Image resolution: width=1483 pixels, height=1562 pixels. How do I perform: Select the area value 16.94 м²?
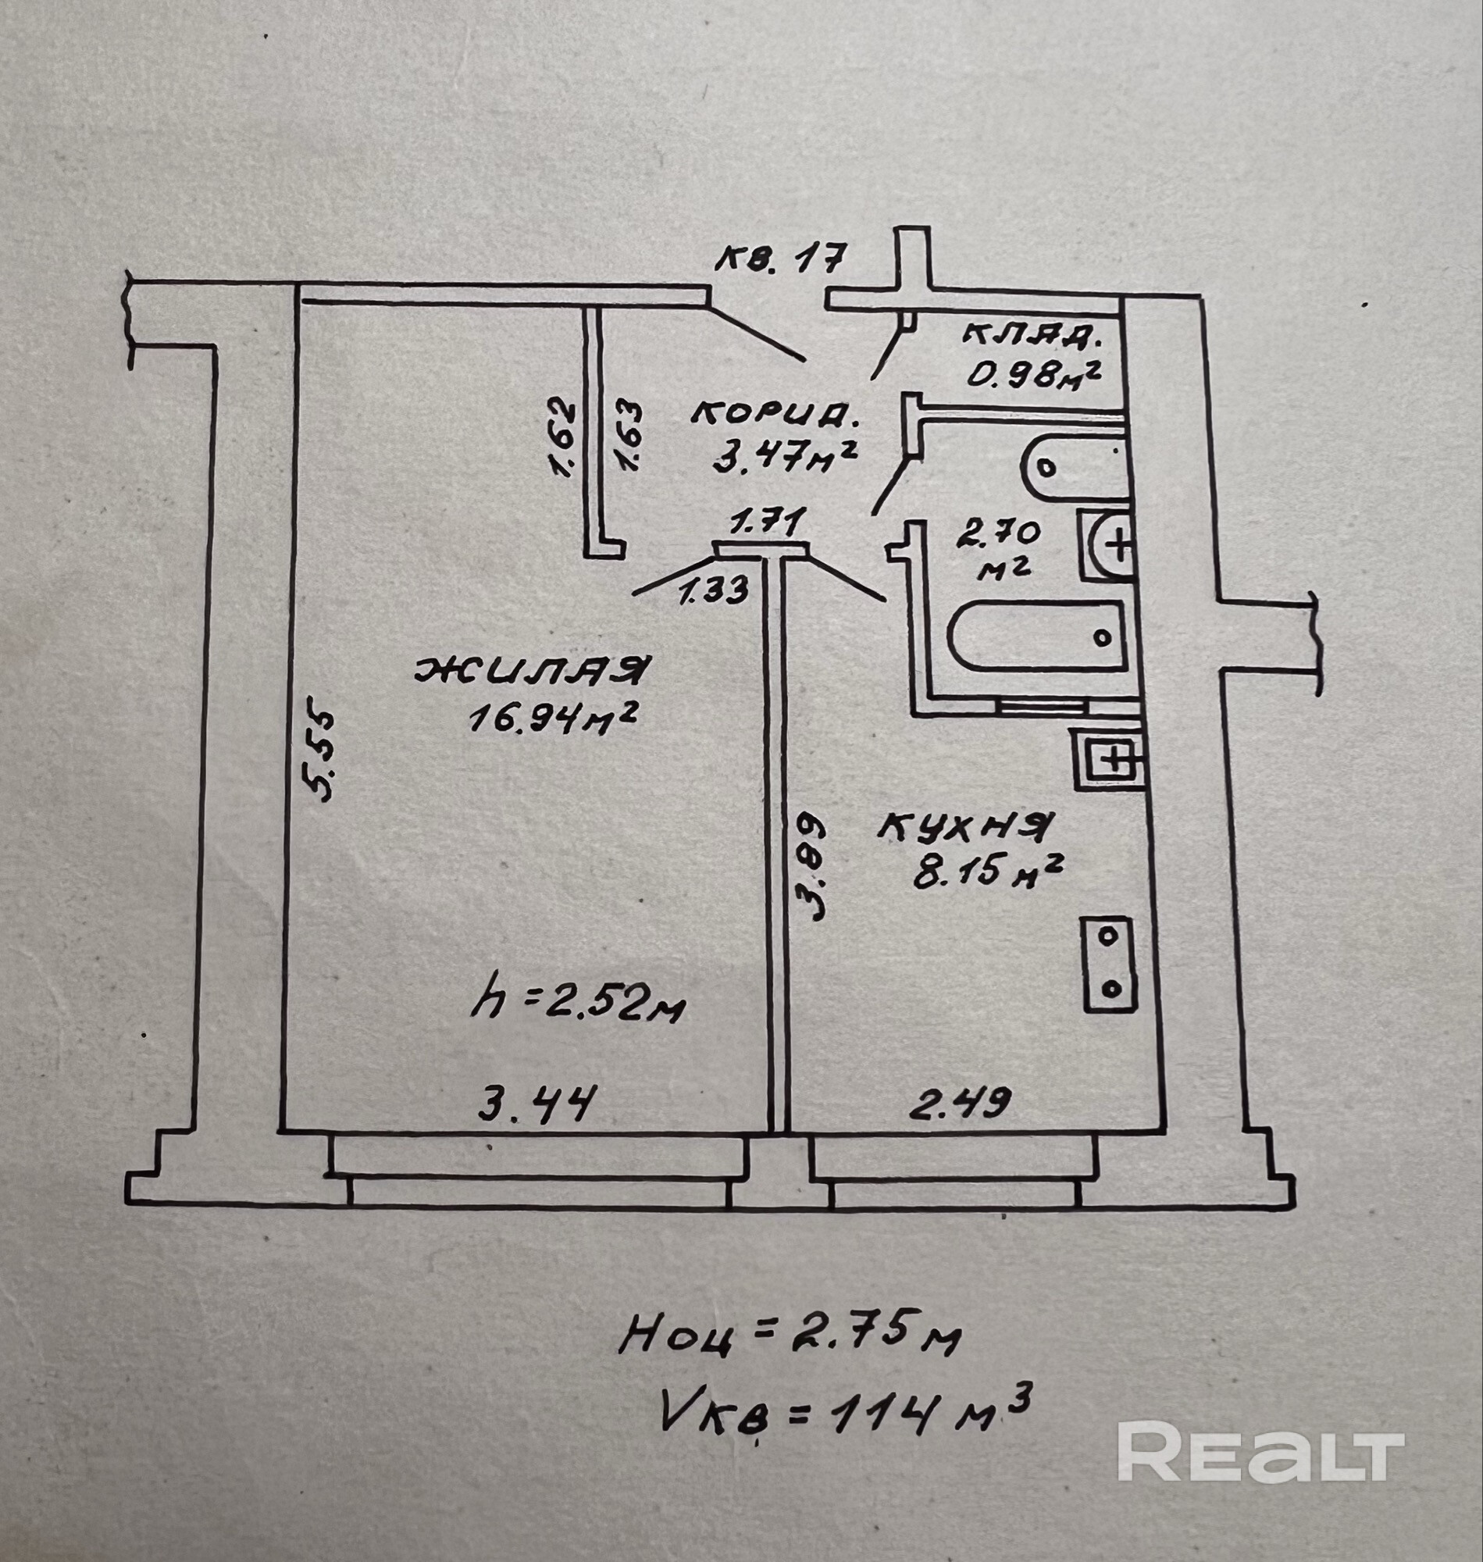click(x=554, y=718)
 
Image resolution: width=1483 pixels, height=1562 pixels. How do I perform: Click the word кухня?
click(x=964, y=829)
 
